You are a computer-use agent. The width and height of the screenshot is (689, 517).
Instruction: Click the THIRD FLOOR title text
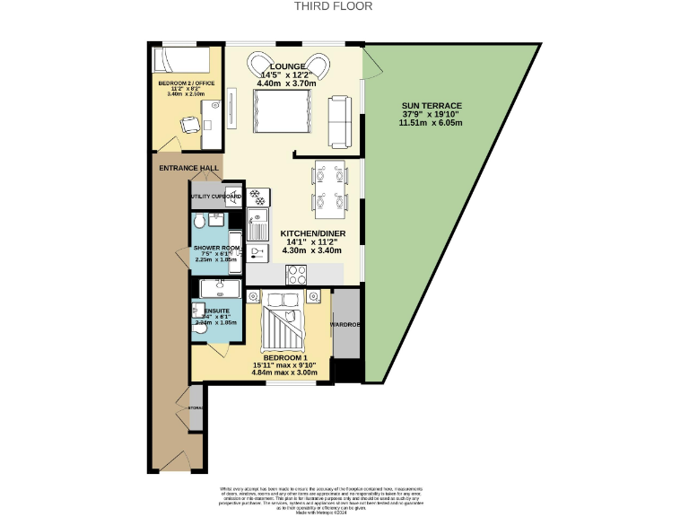(x=334, y=5)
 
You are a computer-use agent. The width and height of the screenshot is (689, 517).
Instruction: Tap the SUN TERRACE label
(x=432, y=105)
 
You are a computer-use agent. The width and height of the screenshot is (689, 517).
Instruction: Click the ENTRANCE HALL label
(x=188, y=168)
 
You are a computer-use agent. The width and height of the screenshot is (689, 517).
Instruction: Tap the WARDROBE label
(x=345, y=325)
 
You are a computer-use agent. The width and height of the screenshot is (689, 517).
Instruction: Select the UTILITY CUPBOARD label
(x=214, y=196)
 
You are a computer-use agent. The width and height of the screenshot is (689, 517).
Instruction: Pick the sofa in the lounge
(x=341, y=120)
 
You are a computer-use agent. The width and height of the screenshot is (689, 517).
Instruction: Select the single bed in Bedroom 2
(x=182, y=60)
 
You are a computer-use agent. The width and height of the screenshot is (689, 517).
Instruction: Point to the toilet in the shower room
(x=199, y=223)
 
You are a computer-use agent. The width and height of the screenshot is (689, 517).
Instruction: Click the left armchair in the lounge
(x=259, y=62)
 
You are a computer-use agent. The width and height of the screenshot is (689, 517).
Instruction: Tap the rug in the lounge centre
(x=279, y=112)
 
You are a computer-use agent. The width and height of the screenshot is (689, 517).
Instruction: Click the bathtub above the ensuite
(x=218, y=288)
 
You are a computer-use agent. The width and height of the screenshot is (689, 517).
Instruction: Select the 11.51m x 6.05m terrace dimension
(x=432, y=123)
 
